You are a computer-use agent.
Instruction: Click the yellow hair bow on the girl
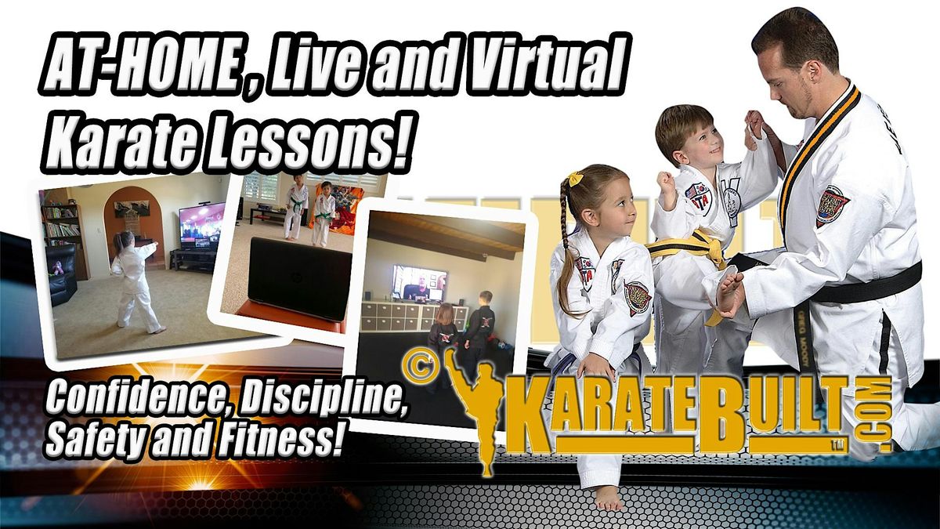tap(577, 178)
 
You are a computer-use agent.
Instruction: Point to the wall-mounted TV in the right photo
tap(419, 282)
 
